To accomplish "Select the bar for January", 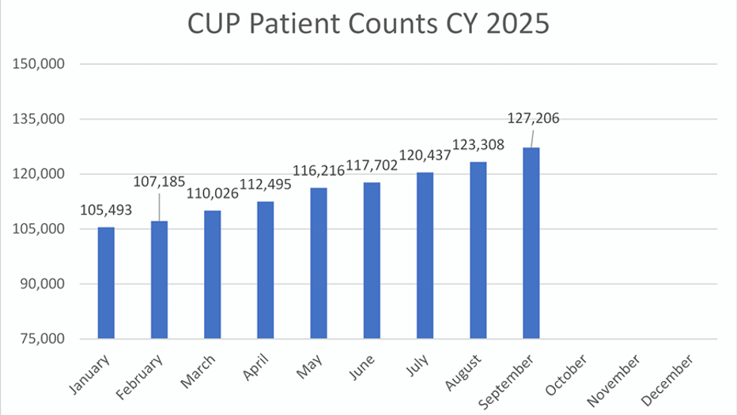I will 106,283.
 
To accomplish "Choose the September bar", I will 531,243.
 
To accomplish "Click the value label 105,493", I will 106,210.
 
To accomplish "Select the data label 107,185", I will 161,184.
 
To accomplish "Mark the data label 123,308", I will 479,145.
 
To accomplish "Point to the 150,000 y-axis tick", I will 40,64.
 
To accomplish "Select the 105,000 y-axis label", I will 40,229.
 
